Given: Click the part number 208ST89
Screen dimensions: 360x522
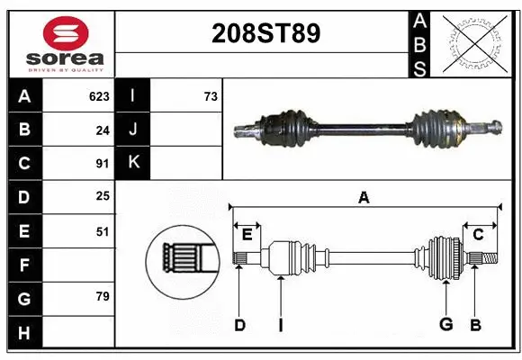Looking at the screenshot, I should [264, 33].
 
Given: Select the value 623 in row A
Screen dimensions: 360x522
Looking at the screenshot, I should [99, 96].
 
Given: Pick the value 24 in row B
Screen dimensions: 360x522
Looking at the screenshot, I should [102, 130].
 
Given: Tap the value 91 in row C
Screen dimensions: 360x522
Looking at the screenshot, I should [102, 164].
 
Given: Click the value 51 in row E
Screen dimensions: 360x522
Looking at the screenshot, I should [102, 231].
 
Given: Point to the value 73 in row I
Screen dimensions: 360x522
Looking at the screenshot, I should [211, 96].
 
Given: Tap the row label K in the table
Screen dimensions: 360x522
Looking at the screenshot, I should [133, 163].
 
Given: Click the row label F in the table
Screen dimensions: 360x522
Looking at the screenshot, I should [24, 265].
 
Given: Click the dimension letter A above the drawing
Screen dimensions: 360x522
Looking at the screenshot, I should [364, 197].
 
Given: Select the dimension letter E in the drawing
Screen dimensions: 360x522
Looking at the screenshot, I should [247, 235].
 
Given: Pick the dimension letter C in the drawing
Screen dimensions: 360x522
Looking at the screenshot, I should [479, 235].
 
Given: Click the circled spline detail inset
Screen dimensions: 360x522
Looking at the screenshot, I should [183, 259].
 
